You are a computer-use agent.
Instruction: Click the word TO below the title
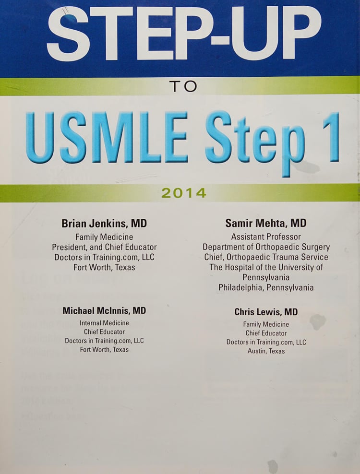[183, 86]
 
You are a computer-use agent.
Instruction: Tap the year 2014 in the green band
[184, 193]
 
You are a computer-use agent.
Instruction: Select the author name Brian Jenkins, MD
[104, 224]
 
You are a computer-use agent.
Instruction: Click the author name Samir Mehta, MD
[266, 224]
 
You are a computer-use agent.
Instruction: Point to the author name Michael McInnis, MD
[104, 311]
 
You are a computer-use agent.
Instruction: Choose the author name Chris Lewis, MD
[266, 312]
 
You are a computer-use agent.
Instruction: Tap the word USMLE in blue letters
[107, 137]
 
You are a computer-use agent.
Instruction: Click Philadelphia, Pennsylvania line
[266, 287]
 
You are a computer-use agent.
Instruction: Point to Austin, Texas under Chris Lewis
[266, 351]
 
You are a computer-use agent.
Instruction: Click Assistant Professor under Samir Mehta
[266, 237]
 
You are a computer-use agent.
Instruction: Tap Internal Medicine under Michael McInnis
[104, 323]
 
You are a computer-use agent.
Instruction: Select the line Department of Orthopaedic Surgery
[266, 247]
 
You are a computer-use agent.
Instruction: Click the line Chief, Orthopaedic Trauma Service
[266, 257]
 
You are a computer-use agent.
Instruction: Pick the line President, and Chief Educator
[104, 247]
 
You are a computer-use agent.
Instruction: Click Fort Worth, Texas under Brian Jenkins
[104, 267]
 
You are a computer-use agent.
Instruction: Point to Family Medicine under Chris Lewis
[266, 324]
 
